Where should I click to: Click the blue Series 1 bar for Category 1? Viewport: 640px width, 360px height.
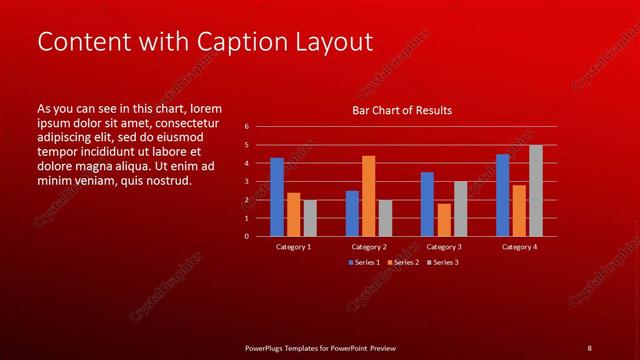coord(277,197)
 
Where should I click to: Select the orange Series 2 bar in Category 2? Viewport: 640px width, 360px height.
coord(368,196)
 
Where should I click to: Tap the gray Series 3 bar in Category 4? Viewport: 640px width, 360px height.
coord(536,191)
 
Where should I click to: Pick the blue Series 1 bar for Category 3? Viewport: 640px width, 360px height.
coord(427,204)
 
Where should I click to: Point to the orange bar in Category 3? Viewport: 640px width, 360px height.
coord(444,220)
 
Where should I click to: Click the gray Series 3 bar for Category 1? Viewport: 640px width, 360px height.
coord(310,218)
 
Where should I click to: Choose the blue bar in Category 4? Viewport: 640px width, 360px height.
coord(502,195)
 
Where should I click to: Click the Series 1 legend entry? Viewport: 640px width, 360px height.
coord(364,262)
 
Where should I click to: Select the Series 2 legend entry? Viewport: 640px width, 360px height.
coord(402,262)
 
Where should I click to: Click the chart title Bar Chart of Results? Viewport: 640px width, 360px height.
coord(402,110)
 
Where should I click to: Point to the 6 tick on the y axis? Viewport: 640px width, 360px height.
coord(246,127)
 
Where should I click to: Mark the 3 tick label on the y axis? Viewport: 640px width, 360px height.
coord(246,182)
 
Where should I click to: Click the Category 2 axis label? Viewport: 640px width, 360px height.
coord(369,246)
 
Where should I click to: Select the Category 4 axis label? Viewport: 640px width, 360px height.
coord(519,246)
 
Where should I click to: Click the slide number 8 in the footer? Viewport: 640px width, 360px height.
coord(589,347)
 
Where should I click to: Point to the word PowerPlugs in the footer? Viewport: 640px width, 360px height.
coord(269,347)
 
